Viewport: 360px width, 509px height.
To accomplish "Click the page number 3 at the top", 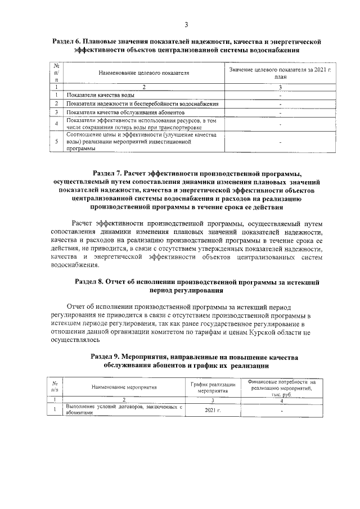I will pos(186,24).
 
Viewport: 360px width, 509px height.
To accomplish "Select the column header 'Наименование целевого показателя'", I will pos(143,73).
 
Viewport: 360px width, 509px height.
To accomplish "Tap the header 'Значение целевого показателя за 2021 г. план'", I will pos(280,73).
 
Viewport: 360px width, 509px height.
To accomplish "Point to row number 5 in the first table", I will pos(57,142).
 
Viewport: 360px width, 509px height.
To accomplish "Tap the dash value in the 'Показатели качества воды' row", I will pos(280,96).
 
